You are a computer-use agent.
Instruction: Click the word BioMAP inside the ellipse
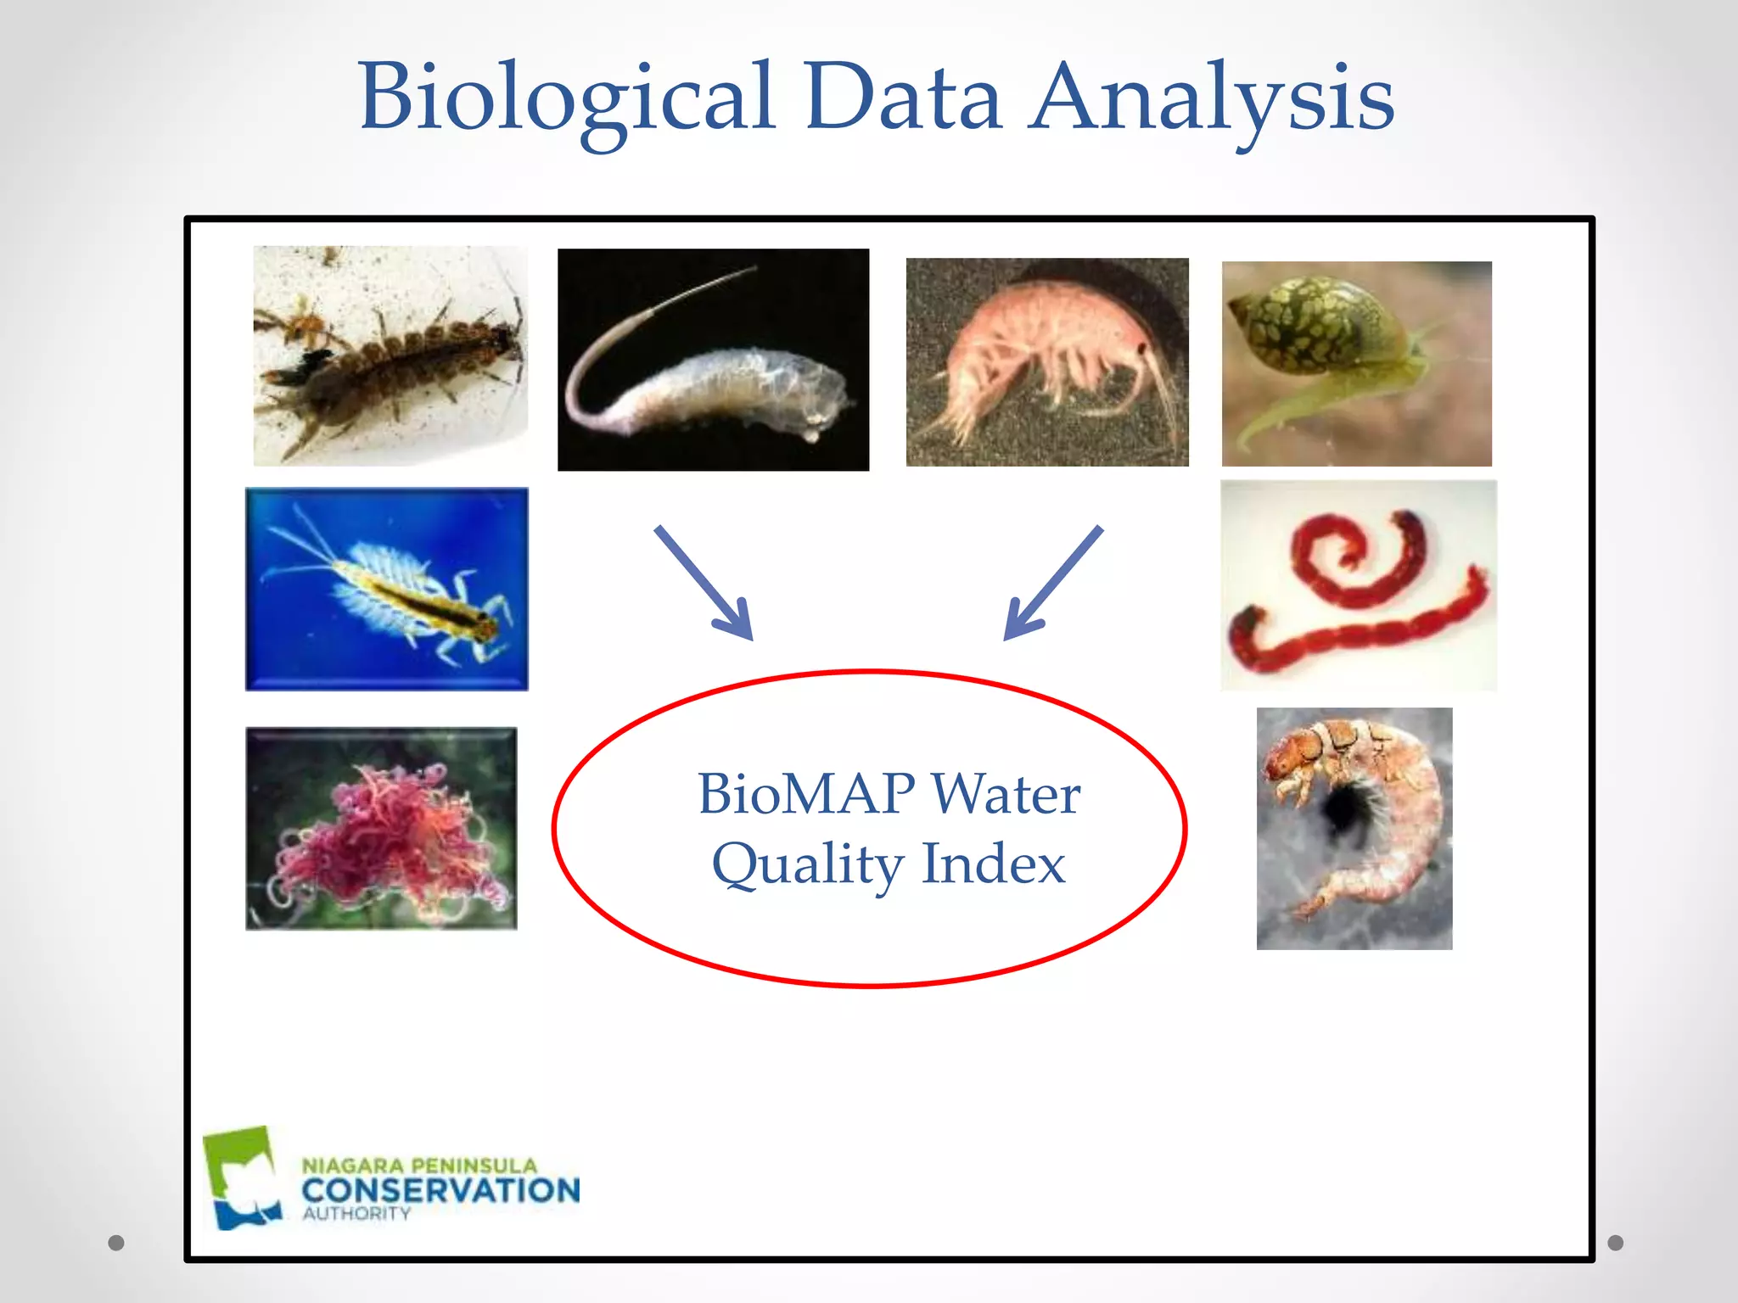[805, 794]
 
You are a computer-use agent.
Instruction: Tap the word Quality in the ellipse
[808, 865]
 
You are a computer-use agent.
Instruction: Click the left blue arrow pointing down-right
[704, 583]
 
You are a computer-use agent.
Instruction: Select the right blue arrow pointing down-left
[1052, 583]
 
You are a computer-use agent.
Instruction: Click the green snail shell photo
[1356, 363]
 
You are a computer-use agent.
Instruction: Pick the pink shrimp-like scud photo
[1047, 362]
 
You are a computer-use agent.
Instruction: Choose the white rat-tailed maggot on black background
[713, 360]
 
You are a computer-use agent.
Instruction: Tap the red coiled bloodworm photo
[1358, 585]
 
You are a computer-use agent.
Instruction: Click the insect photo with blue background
[387, 589]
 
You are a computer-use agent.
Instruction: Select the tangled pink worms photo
[381, 828]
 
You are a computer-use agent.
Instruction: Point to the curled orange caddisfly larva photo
[1354, 828]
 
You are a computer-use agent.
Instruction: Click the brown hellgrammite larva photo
[390, 356]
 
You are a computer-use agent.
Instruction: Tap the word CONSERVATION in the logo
[440, 1190]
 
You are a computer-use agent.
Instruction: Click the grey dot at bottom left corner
[116, 1243]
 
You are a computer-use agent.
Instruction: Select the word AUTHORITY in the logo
[356, 1214]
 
